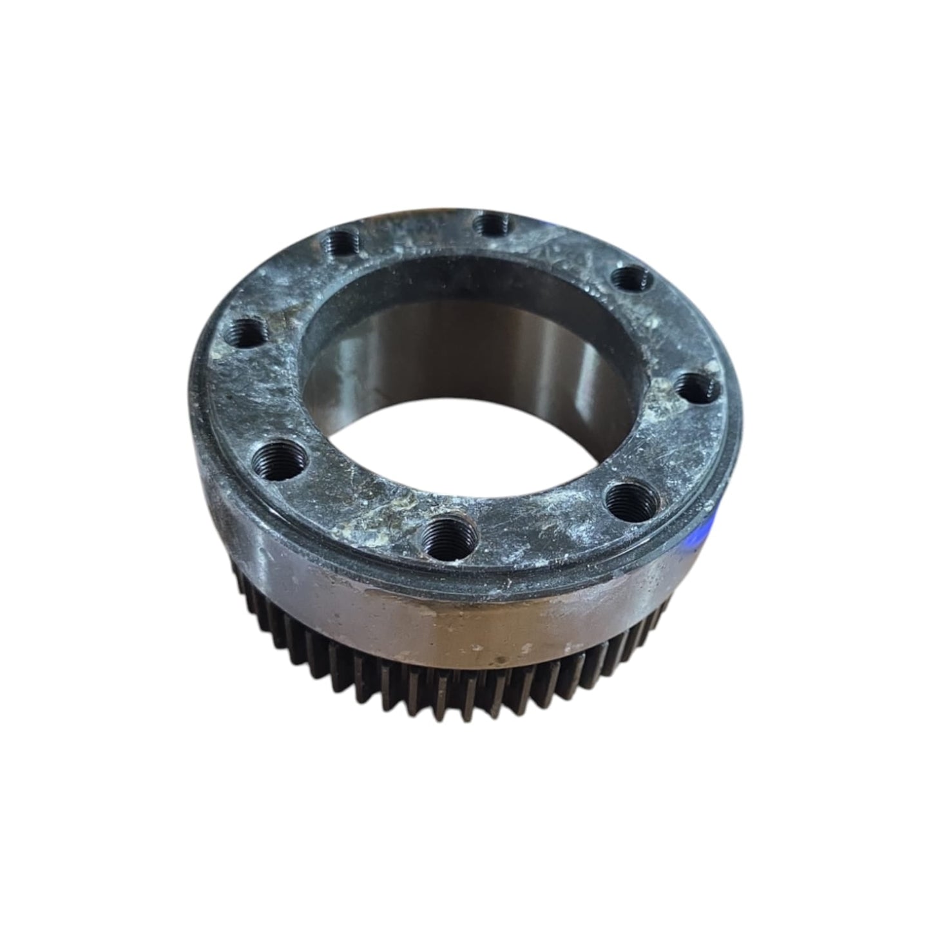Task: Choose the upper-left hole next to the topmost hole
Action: pos(339,244)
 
